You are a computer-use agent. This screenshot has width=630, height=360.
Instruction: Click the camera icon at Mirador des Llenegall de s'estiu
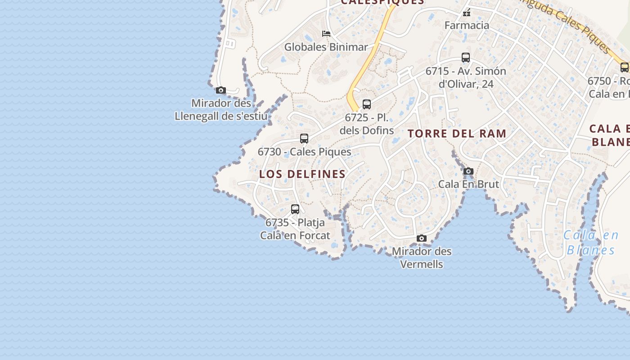(x=220, y=90)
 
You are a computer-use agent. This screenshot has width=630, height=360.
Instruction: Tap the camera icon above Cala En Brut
(x=468, y=171)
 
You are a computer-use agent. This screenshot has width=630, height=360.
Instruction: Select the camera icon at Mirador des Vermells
(x=422, y=238)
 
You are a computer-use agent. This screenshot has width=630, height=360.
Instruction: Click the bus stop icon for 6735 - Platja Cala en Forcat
(x=295, y=209)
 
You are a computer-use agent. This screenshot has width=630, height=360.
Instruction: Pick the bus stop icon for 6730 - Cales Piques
(x=304, y=138)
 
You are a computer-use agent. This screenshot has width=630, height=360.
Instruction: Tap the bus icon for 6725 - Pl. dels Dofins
(x=367, y=104)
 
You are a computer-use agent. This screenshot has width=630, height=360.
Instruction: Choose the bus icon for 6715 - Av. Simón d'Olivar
(x=466, y=58)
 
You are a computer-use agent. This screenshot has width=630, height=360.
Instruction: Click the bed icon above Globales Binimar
(x=326, y=34)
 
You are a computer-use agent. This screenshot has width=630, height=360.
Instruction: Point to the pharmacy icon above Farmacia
(x=467, y=13)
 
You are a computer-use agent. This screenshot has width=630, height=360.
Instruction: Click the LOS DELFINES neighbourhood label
(x=302, y=174)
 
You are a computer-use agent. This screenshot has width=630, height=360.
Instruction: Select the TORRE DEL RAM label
(x=457, y=134)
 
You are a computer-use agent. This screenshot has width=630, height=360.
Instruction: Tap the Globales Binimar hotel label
(x=326, y=47)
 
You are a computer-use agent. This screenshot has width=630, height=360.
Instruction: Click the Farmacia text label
(x=467, y=25)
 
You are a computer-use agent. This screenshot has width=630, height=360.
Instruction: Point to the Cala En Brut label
(x=468, y=184)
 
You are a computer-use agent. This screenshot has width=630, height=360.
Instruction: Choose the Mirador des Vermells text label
(x=422, y=257)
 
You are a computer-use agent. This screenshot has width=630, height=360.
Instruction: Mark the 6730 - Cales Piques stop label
(x=304, y=152)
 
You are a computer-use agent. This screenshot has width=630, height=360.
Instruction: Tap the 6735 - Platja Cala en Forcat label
(x=295, y=229)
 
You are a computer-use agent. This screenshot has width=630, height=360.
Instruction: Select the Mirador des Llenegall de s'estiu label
(x=221, y=109)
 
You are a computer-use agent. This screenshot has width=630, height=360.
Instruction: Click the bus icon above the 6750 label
(x=625, y=67)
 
